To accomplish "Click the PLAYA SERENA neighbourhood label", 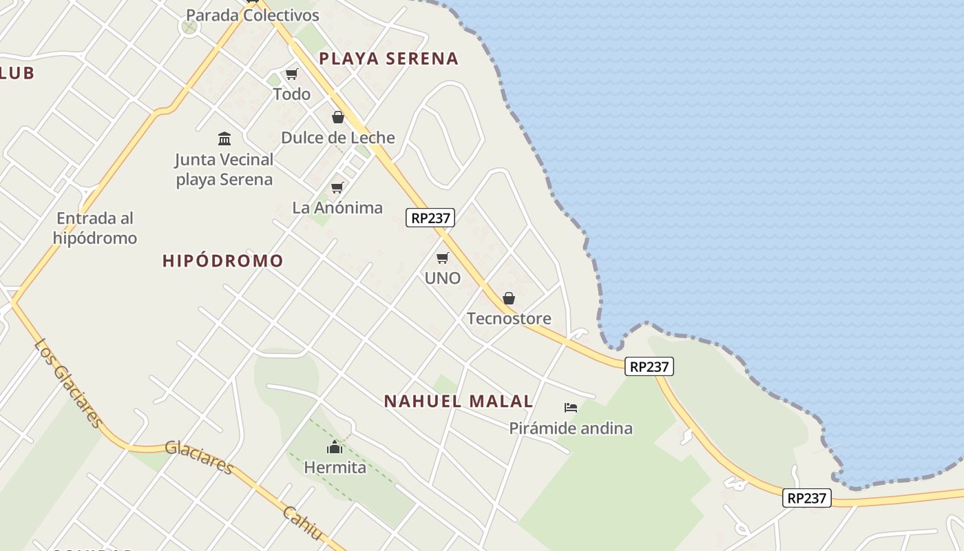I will point(389,59).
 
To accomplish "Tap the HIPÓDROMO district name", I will point(223,261).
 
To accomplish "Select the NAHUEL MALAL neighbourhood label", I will point(459,402).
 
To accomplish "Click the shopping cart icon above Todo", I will point(292,74).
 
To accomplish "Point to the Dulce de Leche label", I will point(338,138).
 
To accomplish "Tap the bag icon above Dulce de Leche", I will point(338,117).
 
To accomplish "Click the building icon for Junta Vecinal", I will point(224,139).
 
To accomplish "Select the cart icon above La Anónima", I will point(337,187).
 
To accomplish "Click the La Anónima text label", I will point(337,208).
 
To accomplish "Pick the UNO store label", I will point(443,278).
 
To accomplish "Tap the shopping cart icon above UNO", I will point(443,258).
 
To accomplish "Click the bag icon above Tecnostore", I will point(509,298).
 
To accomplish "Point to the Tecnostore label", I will point(509,319).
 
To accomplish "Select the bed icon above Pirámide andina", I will point(571,408).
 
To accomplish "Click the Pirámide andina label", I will point(571,428).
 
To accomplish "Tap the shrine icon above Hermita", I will point(335,448).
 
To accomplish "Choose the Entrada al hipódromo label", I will point(95,229).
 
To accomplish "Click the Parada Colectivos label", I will point(253,15).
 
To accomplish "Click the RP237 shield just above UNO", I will point(430,218).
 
